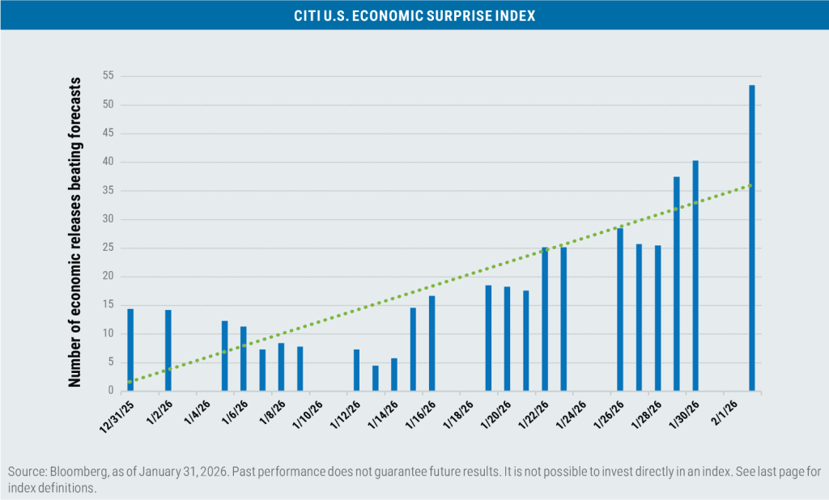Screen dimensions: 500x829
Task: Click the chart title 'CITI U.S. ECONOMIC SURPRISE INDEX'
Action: (x=414, y=15)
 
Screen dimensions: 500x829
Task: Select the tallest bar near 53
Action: (x=752, y=238)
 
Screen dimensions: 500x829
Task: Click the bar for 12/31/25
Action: (x=130, y=350)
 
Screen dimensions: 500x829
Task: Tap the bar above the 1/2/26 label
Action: (x=168, y=350)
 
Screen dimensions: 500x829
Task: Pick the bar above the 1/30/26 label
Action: (x=695, y=276)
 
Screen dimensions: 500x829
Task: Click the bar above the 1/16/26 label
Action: (x=432, y=343)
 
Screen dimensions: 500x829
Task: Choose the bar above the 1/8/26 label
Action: (x=281, y=367)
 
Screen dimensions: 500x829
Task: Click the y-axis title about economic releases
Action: (x=74, y=232)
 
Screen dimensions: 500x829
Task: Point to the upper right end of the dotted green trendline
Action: (x=751, y=185)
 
